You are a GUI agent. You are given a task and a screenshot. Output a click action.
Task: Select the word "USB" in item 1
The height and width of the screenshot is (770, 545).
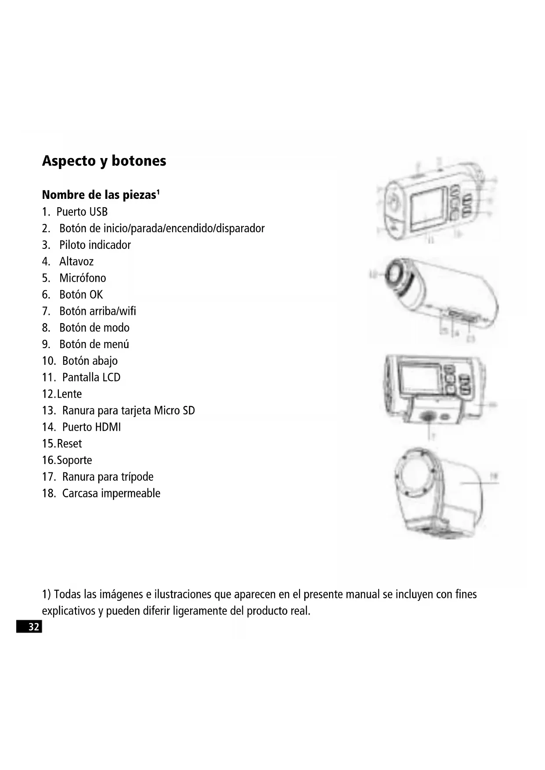pyautogui.click(x=98, y=212)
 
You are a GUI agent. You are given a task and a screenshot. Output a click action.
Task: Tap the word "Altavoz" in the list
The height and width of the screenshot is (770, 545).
pyautogui.click(x=76, y=262)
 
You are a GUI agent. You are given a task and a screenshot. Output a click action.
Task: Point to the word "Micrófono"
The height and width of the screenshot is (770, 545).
pyautogui.click(x=83, y=278)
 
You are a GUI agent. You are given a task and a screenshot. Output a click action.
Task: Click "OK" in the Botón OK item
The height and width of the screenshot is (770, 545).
pyautogui.click(x=96, y=295)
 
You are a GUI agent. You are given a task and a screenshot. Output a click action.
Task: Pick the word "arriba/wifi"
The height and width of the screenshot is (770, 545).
pyautogui.click(x=112, y=311)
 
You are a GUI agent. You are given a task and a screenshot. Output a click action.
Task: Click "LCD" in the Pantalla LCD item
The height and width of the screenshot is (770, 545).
pyautogui.click(x=111, y=378)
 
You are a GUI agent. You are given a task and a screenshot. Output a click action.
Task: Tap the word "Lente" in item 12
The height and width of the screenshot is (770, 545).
pyautogui.click(x=69, y=394)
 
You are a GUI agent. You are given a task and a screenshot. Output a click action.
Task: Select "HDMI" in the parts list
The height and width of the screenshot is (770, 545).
pyautogui.click(x=108, y=427)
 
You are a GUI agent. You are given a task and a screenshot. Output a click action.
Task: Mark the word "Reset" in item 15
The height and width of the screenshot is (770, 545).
pyautogui.click(x=69, y=444)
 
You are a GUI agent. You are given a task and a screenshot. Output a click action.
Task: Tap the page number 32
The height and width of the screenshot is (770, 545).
pyautogui.click(x=34, y=626)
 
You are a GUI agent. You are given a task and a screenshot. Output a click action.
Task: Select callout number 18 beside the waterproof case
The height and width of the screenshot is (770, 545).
pyautogui.click(x=494, y=476)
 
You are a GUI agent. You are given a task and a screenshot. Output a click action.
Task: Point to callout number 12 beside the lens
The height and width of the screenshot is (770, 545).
pyautogui.click(x=374, y=275)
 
